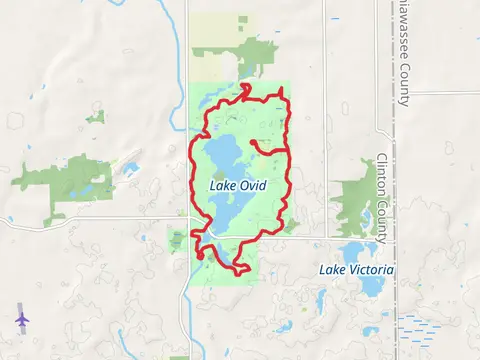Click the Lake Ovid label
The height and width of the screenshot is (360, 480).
click(x=237, y=185)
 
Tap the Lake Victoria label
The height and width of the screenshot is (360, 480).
click(x=356, y=270)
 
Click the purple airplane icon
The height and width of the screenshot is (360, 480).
click(x=21, y=318)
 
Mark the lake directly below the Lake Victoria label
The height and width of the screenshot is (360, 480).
click(x=370, y=286)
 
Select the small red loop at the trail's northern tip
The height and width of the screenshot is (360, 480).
click(x=245, y=90)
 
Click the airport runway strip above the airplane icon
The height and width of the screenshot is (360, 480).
click(x=19, y=304)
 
